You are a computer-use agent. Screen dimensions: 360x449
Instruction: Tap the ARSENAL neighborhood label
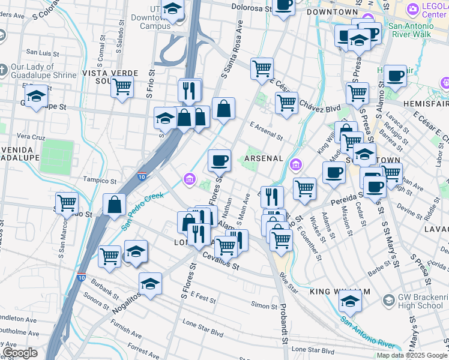[x=263, y=158]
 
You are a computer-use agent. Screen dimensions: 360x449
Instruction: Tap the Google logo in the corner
[x=20, y=353]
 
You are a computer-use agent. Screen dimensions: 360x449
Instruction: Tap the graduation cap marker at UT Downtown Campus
[x=172, y=10]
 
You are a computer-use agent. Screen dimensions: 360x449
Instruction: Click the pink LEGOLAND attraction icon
[x=412, y=9]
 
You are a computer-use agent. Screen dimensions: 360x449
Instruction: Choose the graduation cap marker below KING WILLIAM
[x=350, y=302]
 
